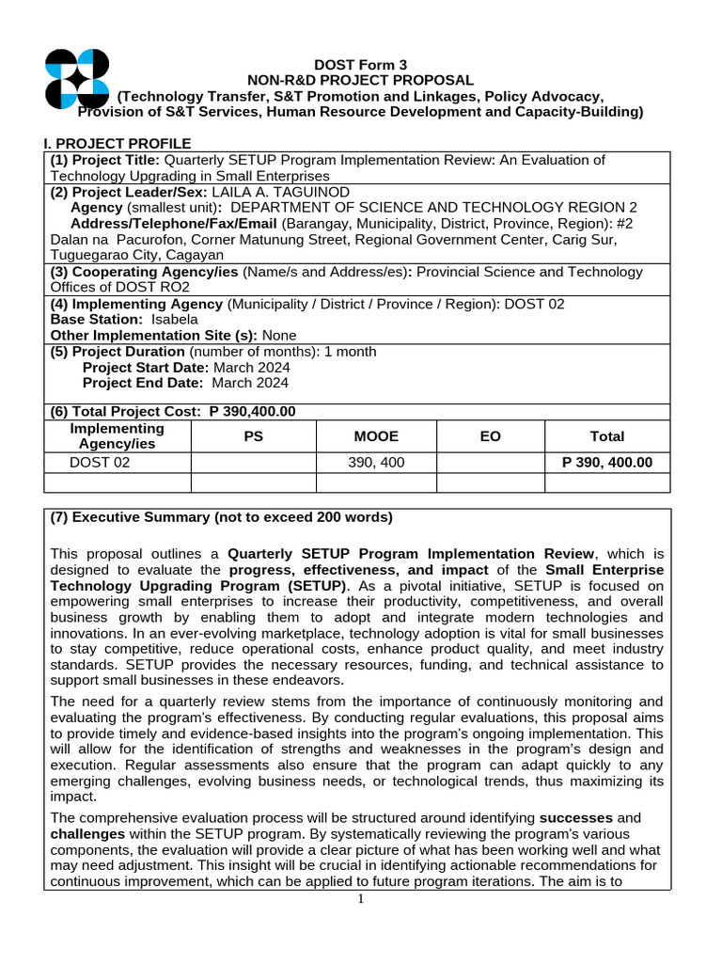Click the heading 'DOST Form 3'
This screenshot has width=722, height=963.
360,65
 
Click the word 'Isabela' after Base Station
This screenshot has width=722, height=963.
175,319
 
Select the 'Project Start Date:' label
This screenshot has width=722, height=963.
146,367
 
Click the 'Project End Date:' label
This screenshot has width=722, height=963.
143,383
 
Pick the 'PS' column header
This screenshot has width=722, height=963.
253,436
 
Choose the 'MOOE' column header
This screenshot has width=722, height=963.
376,436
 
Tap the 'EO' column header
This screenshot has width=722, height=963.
490,436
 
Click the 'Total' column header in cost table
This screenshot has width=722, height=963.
607,436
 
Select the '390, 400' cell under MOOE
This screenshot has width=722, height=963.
376,463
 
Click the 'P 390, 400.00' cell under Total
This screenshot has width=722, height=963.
607,463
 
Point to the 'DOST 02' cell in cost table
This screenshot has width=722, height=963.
100,463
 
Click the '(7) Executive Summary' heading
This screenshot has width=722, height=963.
221,517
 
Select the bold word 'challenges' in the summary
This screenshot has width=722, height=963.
88,834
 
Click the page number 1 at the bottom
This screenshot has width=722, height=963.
360,899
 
